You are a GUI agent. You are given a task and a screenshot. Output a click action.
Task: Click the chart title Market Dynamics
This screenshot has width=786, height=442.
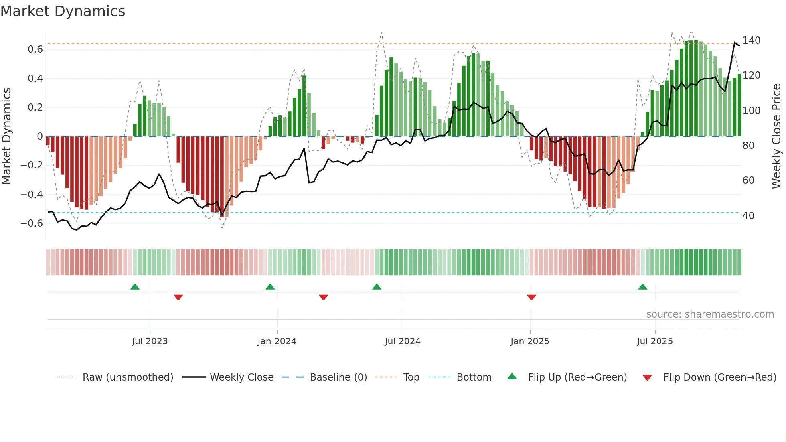63,11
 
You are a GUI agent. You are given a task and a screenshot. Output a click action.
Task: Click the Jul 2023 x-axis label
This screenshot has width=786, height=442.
150,341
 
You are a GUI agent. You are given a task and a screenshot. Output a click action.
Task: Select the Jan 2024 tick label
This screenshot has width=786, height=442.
277,341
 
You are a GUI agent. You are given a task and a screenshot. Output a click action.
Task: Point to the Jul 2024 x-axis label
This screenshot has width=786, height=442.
403,341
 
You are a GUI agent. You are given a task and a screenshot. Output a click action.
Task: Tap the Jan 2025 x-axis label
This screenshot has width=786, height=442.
530,341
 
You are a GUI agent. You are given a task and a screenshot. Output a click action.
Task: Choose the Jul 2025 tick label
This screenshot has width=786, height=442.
655,341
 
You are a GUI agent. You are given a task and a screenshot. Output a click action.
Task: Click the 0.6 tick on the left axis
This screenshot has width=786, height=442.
35,49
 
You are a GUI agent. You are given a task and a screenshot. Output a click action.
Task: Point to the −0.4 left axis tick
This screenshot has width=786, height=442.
32,195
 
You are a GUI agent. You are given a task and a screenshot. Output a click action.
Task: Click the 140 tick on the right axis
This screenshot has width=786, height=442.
751,41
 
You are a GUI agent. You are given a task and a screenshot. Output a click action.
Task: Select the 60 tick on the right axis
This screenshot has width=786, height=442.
748,180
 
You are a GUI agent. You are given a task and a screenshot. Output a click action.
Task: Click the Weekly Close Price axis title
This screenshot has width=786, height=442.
776,136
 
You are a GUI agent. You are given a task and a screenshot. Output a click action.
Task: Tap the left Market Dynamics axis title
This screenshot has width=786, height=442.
6,136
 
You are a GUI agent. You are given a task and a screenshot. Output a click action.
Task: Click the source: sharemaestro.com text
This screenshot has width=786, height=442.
710,314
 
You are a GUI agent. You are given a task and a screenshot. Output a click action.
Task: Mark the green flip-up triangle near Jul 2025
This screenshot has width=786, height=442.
642,287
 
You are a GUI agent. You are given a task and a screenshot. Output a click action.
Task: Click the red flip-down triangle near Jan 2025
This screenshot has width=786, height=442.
531,297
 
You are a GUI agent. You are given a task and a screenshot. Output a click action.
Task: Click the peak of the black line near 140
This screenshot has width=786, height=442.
735,43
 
